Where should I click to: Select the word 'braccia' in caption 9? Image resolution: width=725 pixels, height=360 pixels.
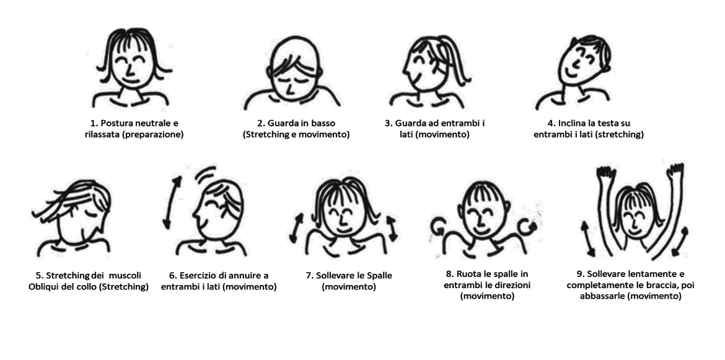(x=664, y=285)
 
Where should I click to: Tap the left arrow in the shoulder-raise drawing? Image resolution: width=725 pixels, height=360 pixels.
(x=296, y=228)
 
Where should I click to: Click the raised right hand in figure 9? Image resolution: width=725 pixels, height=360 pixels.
(x=675, y=170)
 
